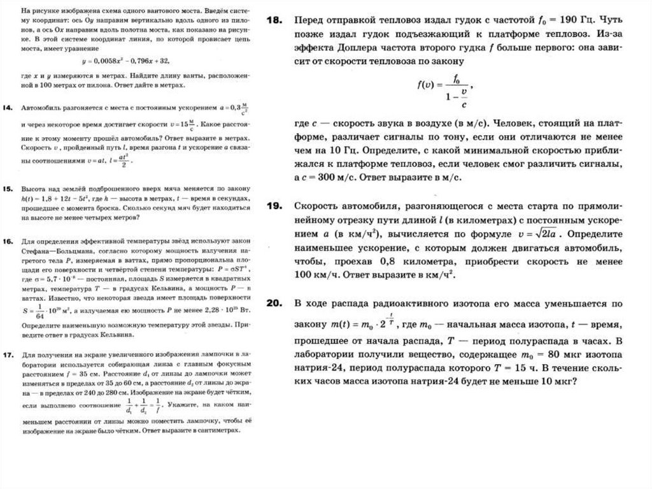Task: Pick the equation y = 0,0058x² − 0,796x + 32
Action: tap(126, 61)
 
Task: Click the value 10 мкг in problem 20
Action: tap(555, 383)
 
